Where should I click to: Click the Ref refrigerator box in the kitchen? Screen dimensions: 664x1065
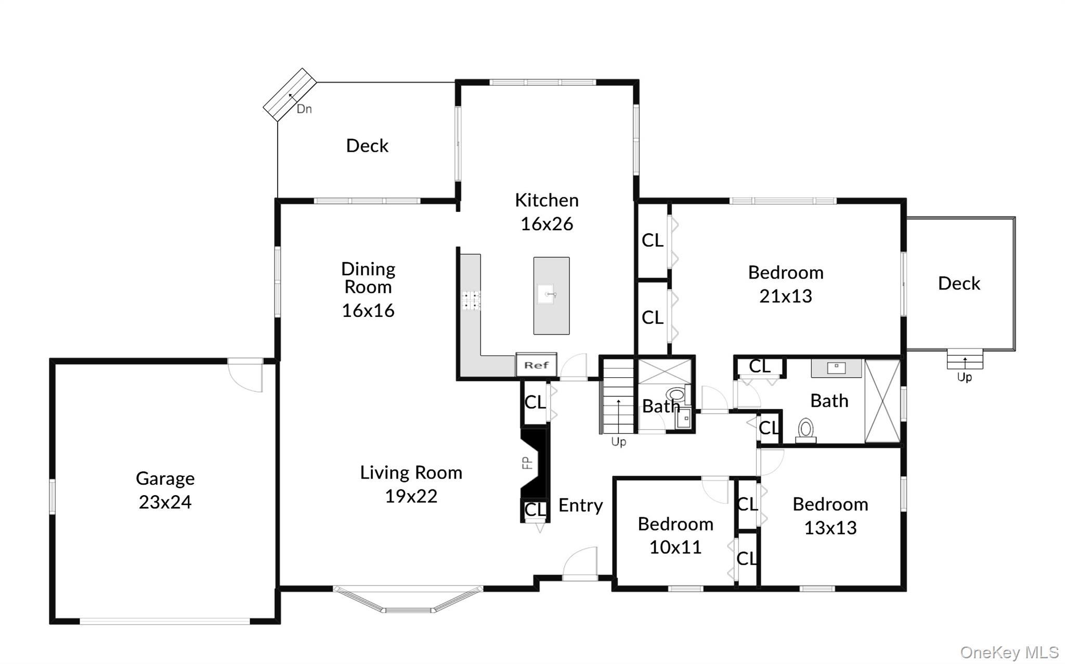[536, 365]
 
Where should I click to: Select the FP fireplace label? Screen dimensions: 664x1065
[527, 462]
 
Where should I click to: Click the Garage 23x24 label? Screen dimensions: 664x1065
[165, 490]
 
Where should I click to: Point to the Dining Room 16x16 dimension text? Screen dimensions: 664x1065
[368, 311]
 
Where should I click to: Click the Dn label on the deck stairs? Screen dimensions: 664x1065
[304, 109]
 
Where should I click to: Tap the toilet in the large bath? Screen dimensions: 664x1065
[806, 429]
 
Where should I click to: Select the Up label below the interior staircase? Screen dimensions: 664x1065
[618, 442]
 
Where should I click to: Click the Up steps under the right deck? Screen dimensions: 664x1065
[965, 358]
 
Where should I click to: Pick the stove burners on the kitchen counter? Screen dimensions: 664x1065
[471, 301]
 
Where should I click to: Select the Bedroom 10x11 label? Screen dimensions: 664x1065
[675, 535]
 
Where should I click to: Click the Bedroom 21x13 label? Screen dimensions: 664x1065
[785, 284]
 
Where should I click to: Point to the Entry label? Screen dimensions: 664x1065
[580, 505]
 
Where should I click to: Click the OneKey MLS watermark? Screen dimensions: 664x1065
[1009, 653]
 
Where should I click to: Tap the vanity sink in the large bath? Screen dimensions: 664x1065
[836, 368]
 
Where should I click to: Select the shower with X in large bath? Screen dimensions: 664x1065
[882, 401]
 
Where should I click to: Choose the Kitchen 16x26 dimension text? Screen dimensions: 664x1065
[547, 224]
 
